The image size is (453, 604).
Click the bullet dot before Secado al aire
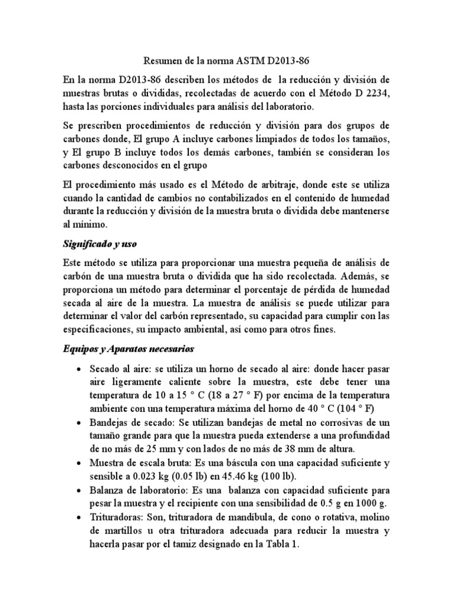(x=79, y=369)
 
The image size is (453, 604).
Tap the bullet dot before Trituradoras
(x=79, y=518)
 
